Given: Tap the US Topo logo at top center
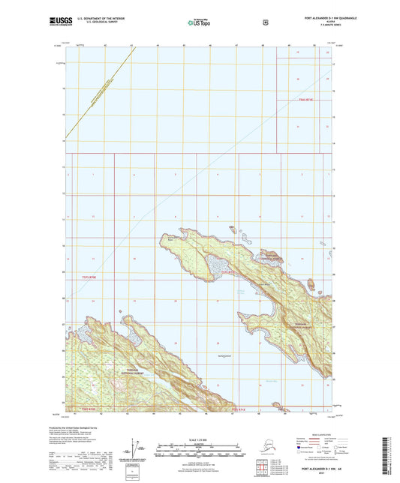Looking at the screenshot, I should point(200,22).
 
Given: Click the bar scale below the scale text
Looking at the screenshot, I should point(199,452).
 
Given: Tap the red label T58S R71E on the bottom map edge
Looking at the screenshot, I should point(239,409).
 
